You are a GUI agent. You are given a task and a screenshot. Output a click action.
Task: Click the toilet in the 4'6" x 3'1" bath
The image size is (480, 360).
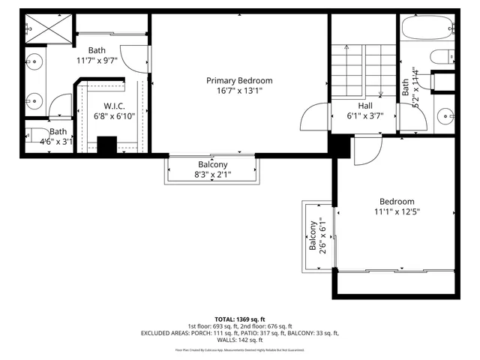(x=37, y=137)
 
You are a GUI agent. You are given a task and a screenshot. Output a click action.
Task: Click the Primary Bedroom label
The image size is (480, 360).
(x=239, y=80)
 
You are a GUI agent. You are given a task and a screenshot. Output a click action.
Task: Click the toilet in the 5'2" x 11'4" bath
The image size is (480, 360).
(x=441, y=56)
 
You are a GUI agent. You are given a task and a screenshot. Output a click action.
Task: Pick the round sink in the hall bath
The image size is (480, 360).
(x=443, y=116)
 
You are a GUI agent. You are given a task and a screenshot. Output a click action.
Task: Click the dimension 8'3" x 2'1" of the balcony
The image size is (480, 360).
(x=213, y=175)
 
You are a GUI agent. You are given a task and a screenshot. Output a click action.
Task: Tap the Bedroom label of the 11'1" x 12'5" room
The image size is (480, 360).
(x=396, y=201)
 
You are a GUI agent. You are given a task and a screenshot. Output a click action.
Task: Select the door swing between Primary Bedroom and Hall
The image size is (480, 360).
(x=315, y=118)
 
